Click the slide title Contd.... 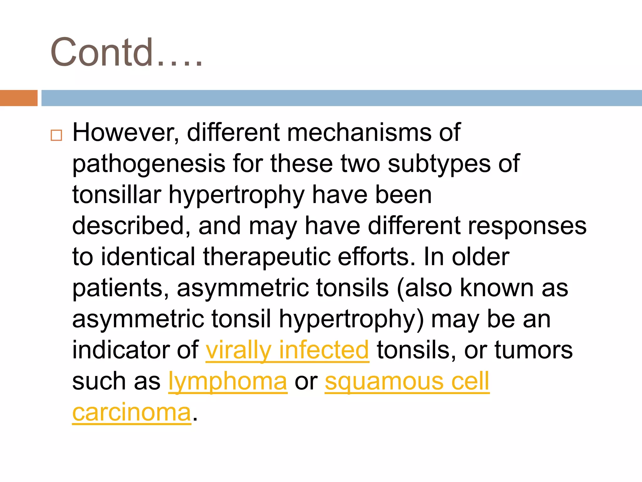(x=125, y=53)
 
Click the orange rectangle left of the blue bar (x=18, y=98)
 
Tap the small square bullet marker (x=56, y=135)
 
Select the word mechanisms (x=359, y=132)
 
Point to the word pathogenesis (x=149, y=164)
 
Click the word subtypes (x=439, y=164)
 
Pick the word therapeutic (x=266, y=257)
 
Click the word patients (x=121, y=288)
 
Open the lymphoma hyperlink (x=228, y=381)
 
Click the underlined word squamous (x=384, y=381)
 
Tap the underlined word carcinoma (x=132, y=412)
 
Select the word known (x=497, y=288)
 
